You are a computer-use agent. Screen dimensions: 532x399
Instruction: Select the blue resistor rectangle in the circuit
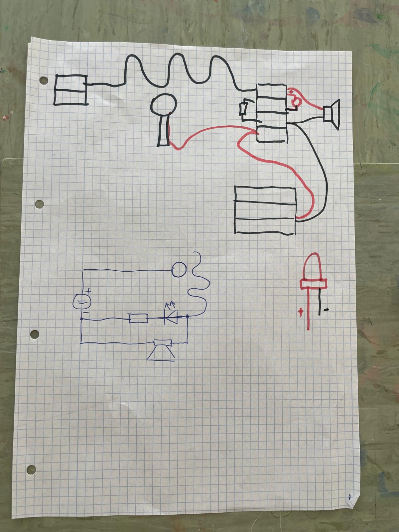(x=138, y=319)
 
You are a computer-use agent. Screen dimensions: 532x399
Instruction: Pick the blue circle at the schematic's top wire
(x=180, y=269)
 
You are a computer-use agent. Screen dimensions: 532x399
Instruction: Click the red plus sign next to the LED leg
(x=301, y=312)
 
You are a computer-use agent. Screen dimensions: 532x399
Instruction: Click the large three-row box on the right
(x=265, y=210)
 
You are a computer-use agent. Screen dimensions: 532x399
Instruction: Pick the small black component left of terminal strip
(x=244, y=109)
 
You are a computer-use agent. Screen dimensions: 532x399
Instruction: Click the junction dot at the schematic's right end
(x=188, y=317)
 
